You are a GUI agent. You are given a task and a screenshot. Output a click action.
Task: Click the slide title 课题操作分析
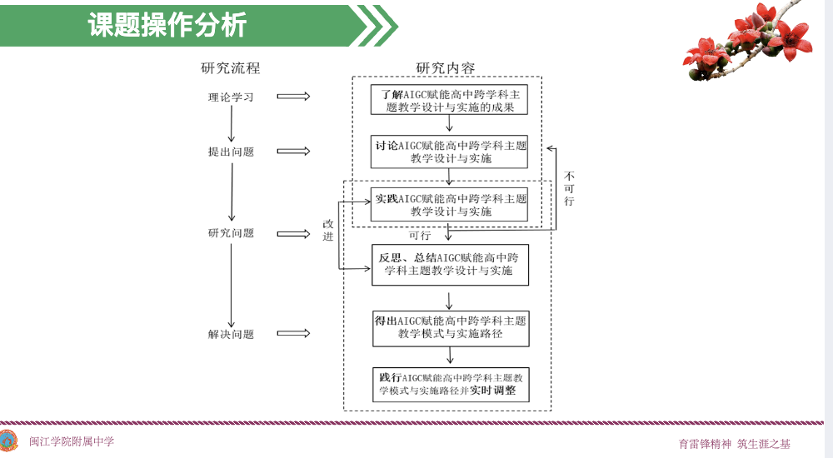point(167,26)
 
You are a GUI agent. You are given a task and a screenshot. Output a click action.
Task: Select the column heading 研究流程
point(231,68)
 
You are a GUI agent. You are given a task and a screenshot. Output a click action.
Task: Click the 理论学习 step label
point(231,97)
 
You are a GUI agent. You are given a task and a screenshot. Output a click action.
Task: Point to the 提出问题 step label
point(231,152)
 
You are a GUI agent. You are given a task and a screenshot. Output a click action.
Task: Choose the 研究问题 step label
point(231,233)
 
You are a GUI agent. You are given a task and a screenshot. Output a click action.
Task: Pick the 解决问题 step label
point(231,335)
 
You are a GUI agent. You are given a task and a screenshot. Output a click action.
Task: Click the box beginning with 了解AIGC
point(450,100)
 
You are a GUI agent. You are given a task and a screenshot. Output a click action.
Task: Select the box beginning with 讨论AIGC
point(450,152)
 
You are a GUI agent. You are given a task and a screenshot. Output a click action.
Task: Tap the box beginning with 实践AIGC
point(450,205)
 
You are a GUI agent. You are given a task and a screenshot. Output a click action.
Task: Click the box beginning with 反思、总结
point(450,264)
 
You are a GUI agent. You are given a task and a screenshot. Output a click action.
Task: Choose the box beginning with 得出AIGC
point(450,326)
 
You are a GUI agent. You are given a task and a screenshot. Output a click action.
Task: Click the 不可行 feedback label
point(569,188)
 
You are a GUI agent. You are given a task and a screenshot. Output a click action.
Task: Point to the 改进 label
point(327,230)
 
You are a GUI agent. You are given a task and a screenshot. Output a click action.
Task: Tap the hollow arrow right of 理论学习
point(293,97)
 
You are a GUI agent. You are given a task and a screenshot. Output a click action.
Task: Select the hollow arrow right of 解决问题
point(293,335)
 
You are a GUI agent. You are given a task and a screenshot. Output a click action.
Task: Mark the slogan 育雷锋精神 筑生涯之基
point(734,444)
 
